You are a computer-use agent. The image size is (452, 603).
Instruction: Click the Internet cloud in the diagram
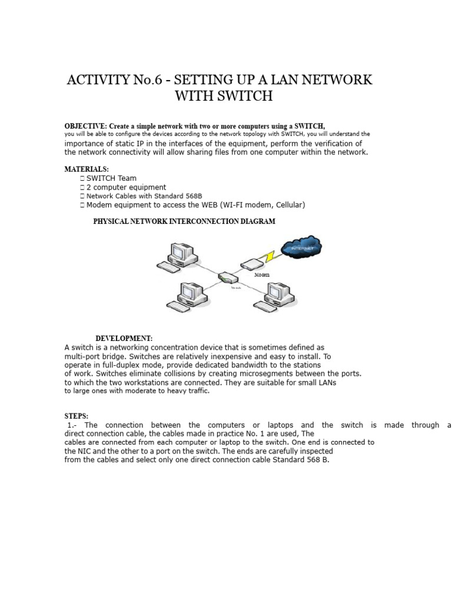pos(300,249)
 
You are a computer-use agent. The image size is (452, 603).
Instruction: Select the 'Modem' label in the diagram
pos(262,275)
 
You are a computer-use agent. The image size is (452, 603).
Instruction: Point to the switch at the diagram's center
pos(226,277)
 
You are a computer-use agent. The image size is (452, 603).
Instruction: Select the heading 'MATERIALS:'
pos(87,169)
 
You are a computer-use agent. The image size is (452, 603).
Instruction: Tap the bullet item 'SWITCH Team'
pos(111,178)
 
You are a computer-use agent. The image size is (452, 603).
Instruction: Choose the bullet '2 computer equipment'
pos(126,187)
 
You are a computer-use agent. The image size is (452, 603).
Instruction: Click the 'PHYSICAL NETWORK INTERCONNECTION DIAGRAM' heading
pos(184,221)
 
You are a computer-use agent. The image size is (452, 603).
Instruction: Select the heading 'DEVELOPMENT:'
pos(124,339)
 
